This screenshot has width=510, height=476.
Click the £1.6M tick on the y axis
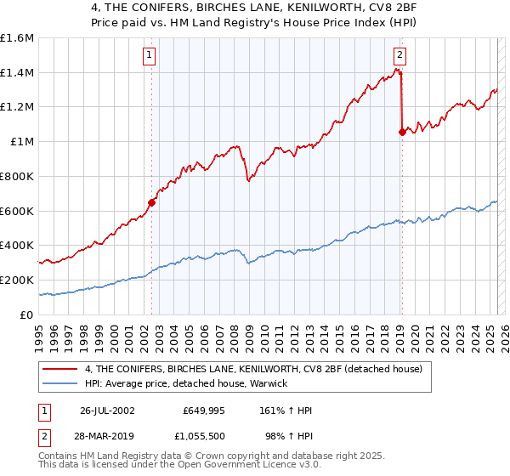click(18, 38)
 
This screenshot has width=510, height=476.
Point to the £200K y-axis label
click(17, 280)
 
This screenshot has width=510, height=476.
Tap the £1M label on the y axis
click(23, 142)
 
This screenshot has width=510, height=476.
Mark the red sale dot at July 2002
click(152, 202)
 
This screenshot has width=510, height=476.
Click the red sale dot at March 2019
click(402, 132)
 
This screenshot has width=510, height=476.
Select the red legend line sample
click(60, 369)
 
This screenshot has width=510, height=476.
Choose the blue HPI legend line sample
click(60, 382)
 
